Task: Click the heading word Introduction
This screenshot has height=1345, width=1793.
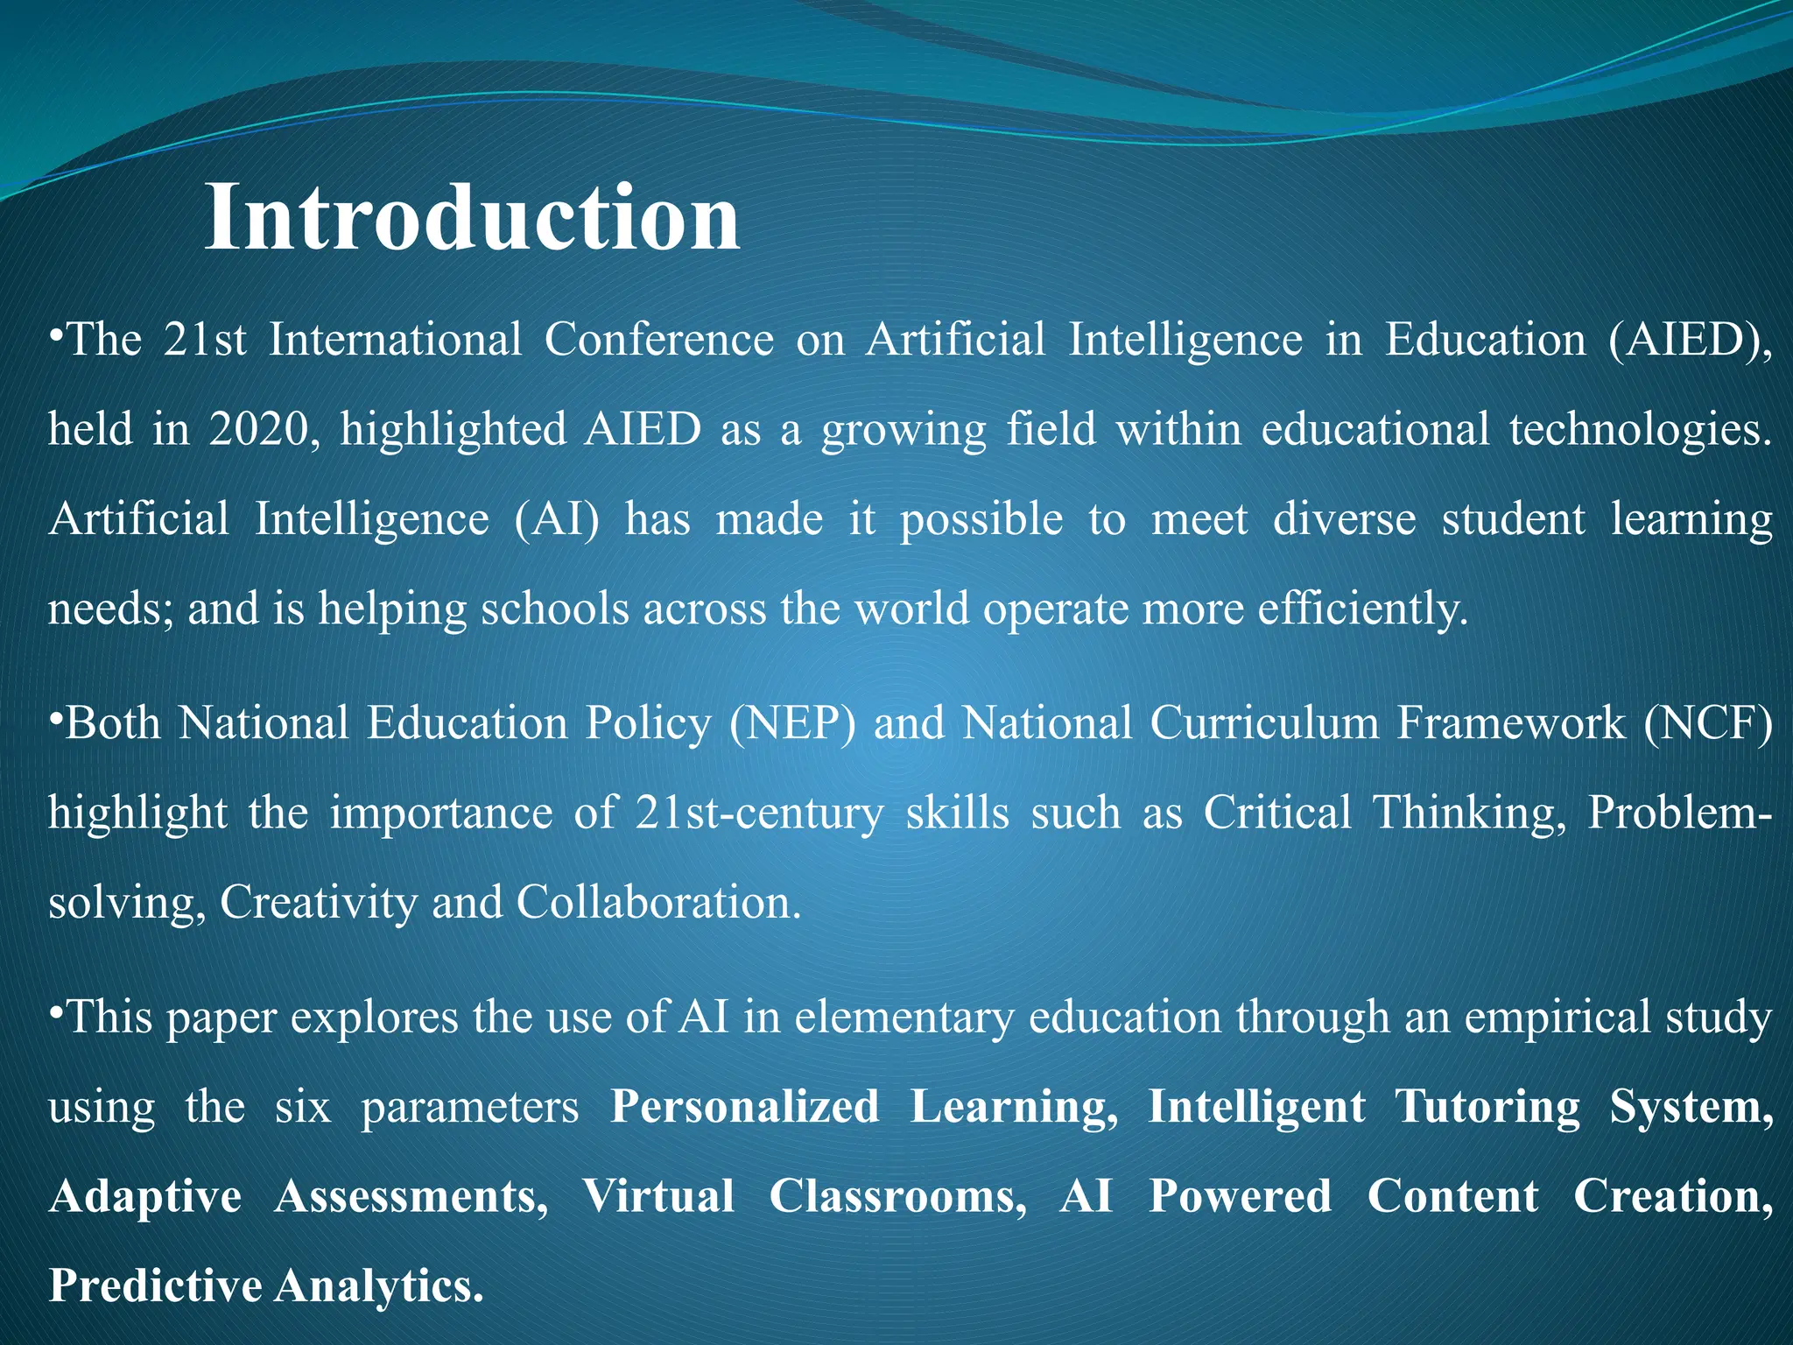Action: (x=472, y=218)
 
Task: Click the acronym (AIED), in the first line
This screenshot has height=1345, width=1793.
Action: (x=1691, y=341)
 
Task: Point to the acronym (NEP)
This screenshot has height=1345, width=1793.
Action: (x=793, y=724)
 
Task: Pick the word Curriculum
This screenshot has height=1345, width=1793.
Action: (x=1264, y=724)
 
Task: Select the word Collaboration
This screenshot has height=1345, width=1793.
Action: (x=657, y=903)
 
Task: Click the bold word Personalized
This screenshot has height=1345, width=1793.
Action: (x=745, y=1107)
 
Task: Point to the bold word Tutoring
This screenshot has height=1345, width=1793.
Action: (x=1487, y=1107)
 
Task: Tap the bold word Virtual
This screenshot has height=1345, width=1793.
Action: (x=658, y=1197)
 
